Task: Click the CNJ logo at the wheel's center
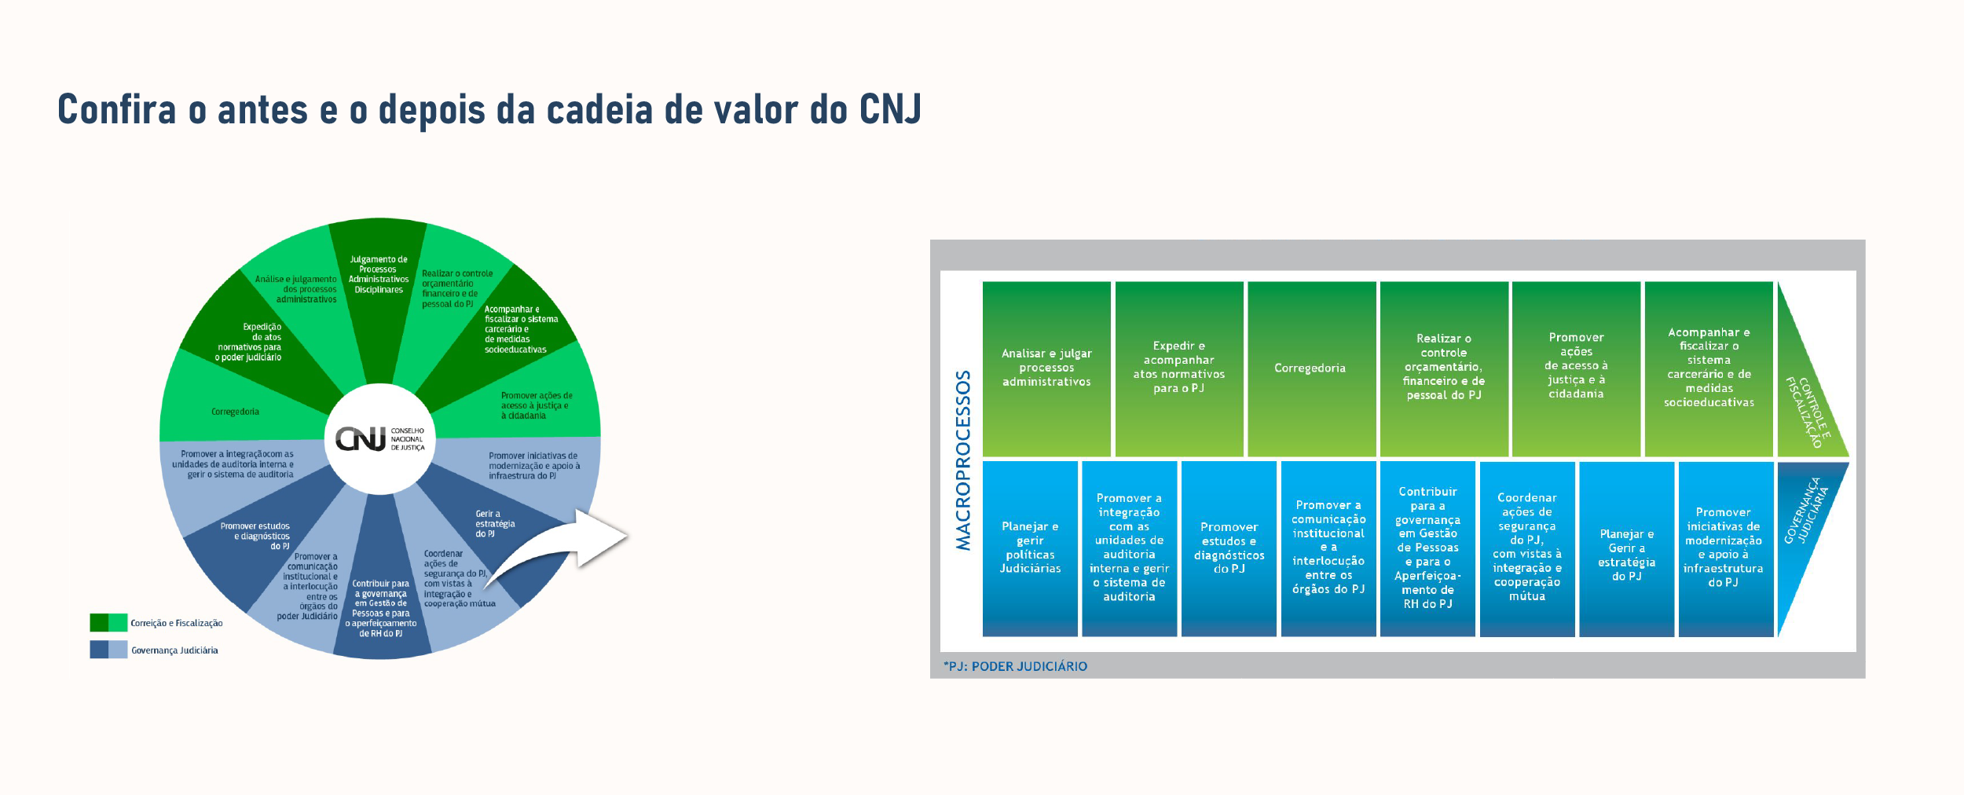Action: coord(379,438)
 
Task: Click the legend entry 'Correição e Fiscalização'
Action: coord(156,623)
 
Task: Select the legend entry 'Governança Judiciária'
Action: coord(154,650)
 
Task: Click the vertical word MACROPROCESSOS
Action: coord(963,460)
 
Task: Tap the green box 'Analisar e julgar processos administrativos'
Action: coord(1046,368)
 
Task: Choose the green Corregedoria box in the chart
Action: coord(1311,368)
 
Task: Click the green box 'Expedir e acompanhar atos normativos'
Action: coord(1179,368)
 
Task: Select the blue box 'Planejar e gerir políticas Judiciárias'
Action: coord(1030,548)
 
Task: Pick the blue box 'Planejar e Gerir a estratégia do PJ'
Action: coord(1626,548)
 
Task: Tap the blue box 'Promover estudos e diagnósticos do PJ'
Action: coord(1229,548)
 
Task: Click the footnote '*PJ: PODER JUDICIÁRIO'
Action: coord(1015,666)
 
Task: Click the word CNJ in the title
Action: coord(890,109)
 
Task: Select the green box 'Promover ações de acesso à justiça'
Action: coord(1576,368)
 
